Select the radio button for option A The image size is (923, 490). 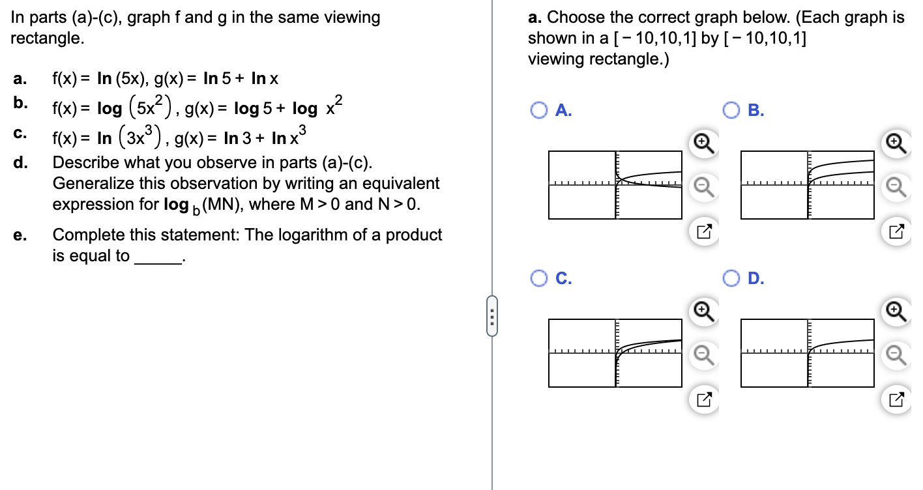[538, 111]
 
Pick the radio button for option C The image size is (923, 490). [538, 279]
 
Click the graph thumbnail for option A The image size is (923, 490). [615, 185]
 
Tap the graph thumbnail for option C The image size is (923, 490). [615, 353]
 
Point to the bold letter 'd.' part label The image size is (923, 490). [20, 162]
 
